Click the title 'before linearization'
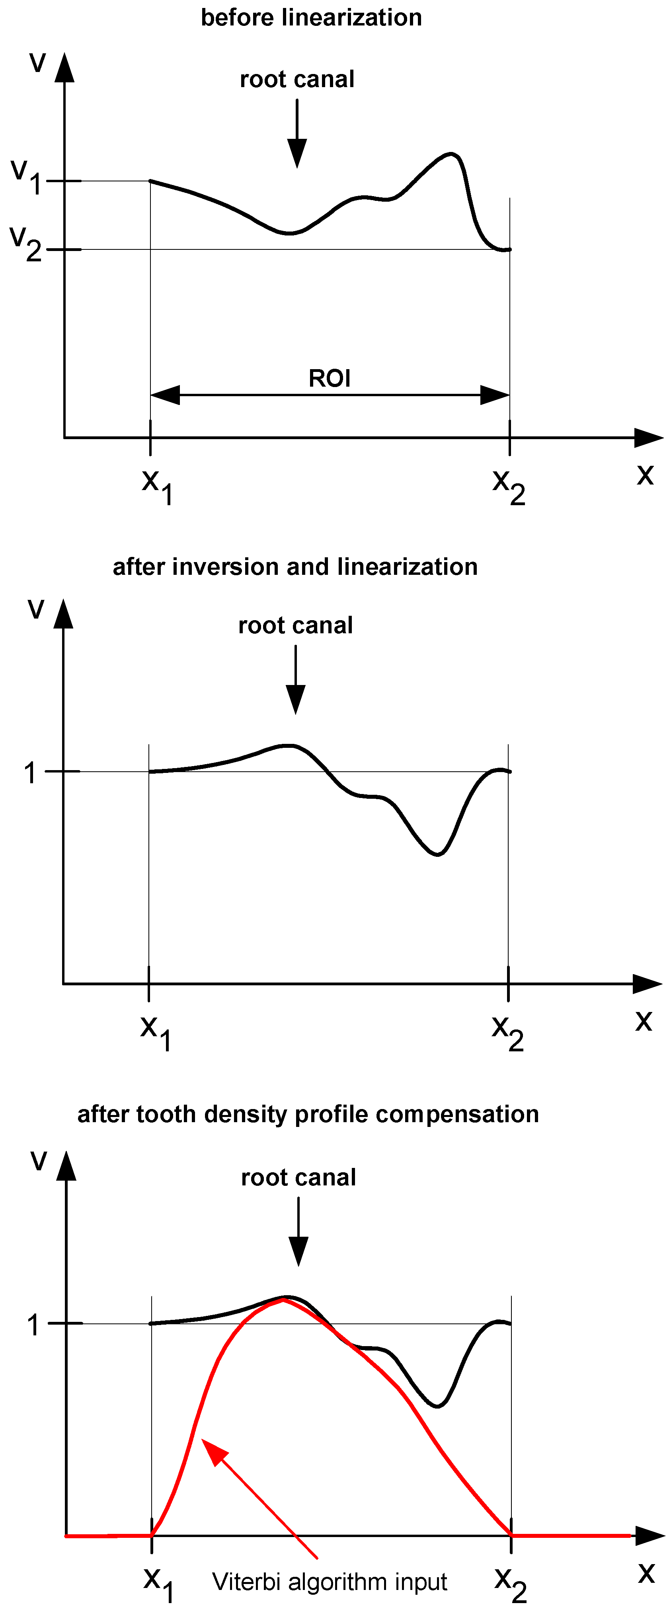[311, 18]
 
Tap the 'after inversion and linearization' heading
[295, 567]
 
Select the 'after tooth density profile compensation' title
[308, 1114]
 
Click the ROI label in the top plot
[330, 378]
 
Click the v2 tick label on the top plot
[25, 244]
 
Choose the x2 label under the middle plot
[507, 1033]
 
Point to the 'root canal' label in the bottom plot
[298, 1177]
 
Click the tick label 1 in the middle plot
[29, 773]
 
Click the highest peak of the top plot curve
[450, 154]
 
